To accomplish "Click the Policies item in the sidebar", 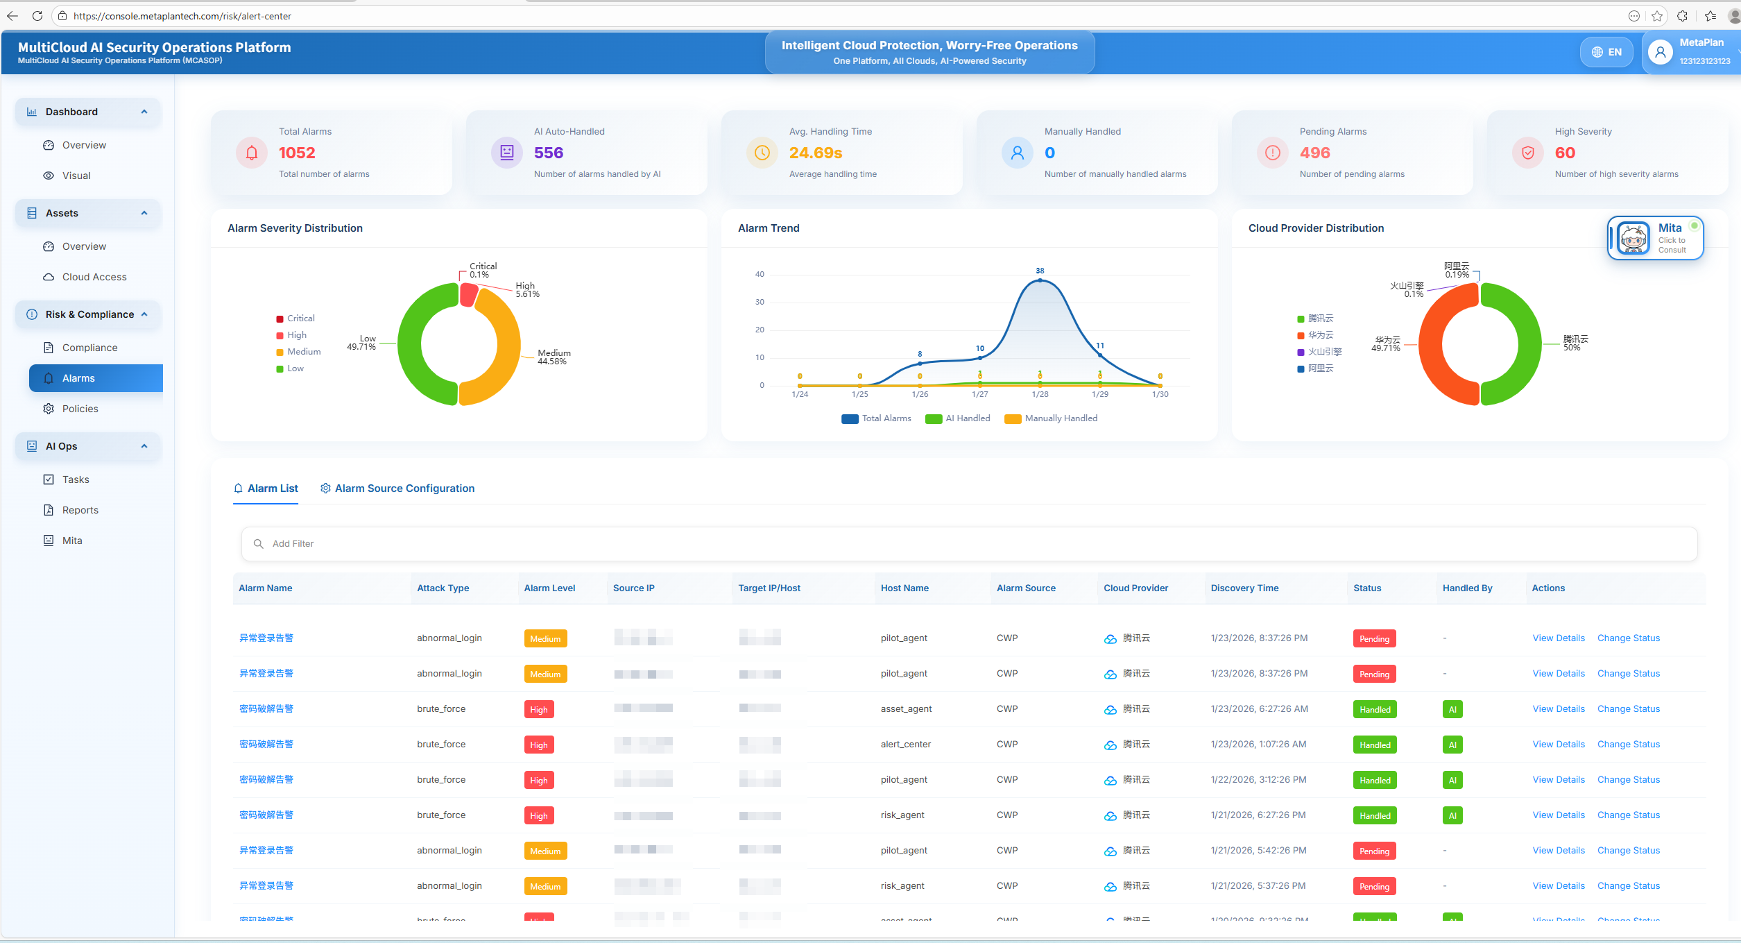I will point(80,409).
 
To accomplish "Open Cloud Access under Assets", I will point(94,277).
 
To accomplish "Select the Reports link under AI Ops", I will point(80,510).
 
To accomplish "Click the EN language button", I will point(1606,52).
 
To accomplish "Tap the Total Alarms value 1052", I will point(297,153).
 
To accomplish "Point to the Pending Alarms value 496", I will point(1314,153).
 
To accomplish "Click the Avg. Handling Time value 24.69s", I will point(815,153).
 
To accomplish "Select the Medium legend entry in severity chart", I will point(303,352).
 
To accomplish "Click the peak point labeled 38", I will point(1040,280).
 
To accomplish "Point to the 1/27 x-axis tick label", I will point(979,394).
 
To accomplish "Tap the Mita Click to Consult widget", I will point(1656,239).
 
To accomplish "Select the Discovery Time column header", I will point(1244,588).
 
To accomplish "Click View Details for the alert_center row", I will point(1558,744).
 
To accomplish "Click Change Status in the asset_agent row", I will point(1628,708).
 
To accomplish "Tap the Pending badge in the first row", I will point(1373,638).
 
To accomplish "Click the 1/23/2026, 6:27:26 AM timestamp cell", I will point(1259,708).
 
